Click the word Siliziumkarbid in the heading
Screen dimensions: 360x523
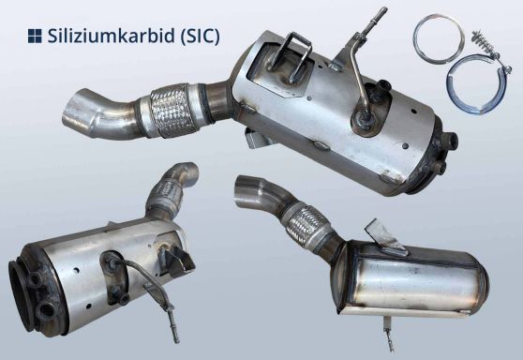tap(106, 37)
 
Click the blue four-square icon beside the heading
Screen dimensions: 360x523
tap(35, 37)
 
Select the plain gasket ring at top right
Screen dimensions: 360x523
tap(439, 43)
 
